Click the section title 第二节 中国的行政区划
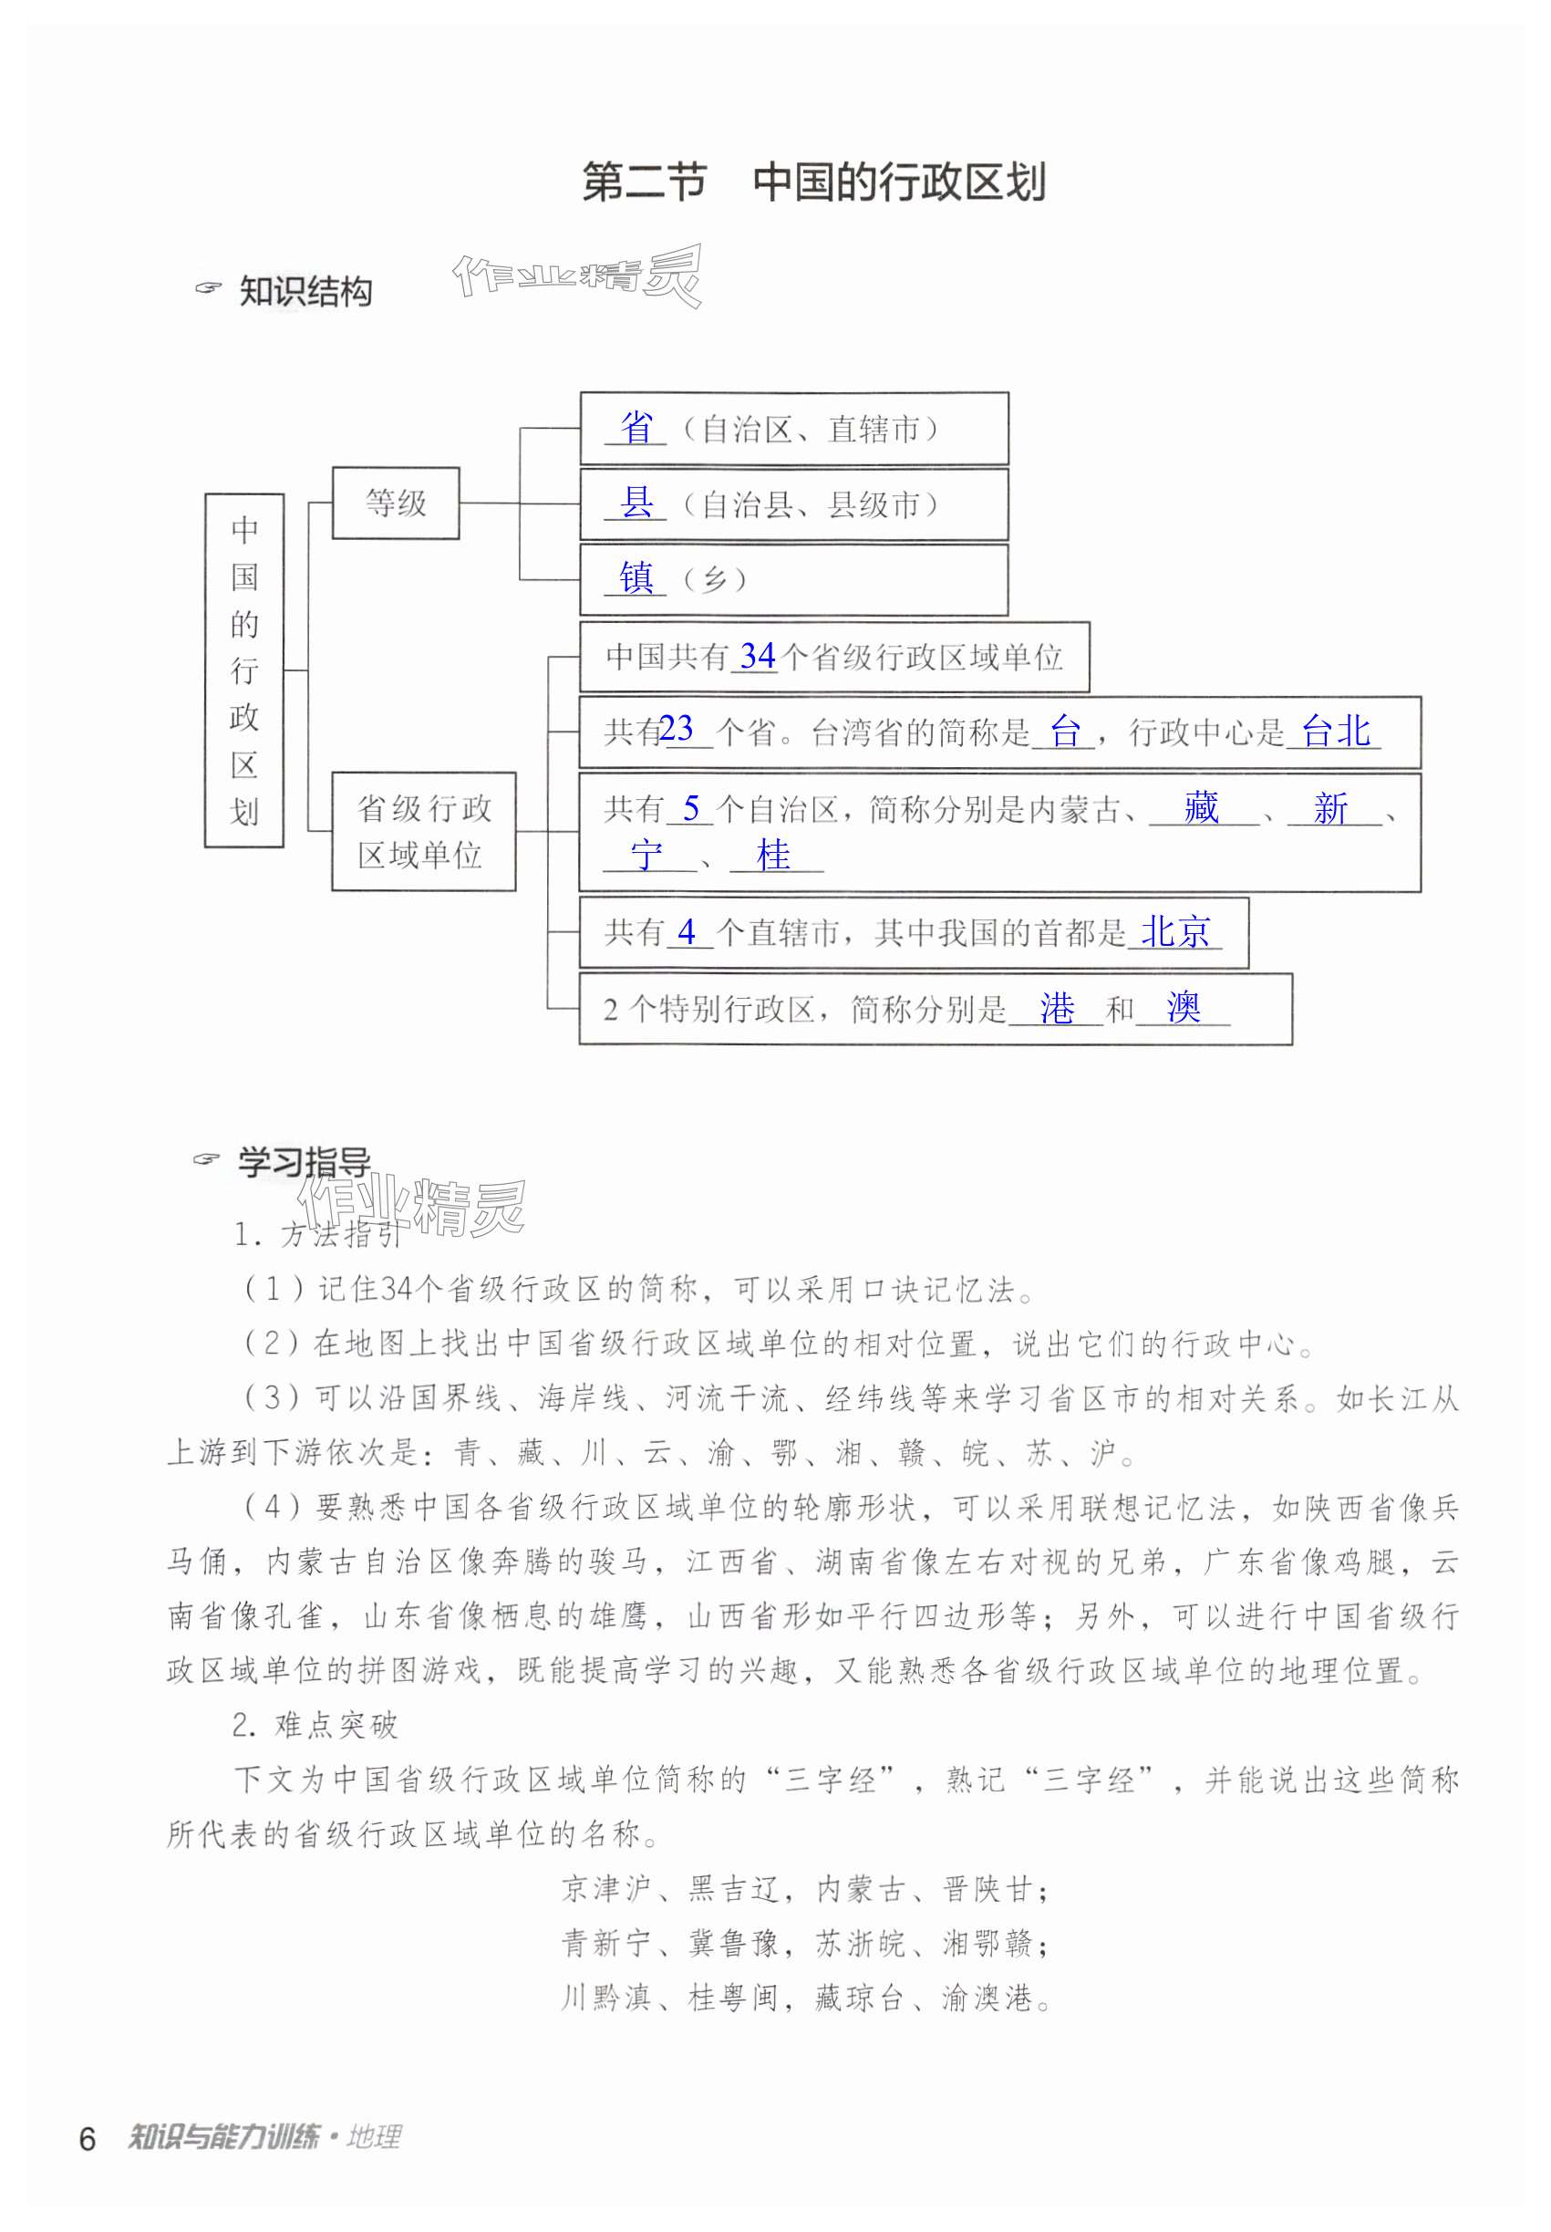pyautogui.click(x=813, y=182)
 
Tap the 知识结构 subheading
pyautogui.click(x=305, y=291)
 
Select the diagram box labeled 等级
pyautogui.click(x=396, y=503)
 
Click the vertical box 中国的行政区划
pyautogui.click(x=244, y=670)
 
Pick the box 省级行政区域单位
pyautogui.click(x=424, y=831)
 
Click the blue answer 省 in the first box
pyautogui.click(x=636, y=428)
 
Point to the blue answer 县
pyautogui.click(x=636, y=503)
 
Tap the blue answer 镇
pyautogui.click(x=636, y=578)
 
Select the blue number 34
pyautogui.click(x=757, y=656)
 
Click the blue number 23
pyautogui.click(x=677, y=728)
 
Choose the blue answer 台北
pyautogui.click(x=1336, y=731)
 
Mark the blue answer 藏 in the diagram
pyautogui.click(x=1201, y=808)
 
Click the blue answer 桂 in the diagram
pyautogui.click(x=773, y=856)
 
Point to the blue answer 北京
pyautogui.click(x=1176, y=932)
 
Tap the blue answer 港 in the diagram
pyautogui.click(x=1057, y=1009)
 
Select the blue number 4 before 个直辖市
pyautogui.click(x=688, y=932)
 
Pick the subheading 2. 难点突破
pyautogui.click(x=315, y=1726)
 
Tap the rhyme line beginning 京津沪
pyautogui.click(x=806, y=1889)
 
